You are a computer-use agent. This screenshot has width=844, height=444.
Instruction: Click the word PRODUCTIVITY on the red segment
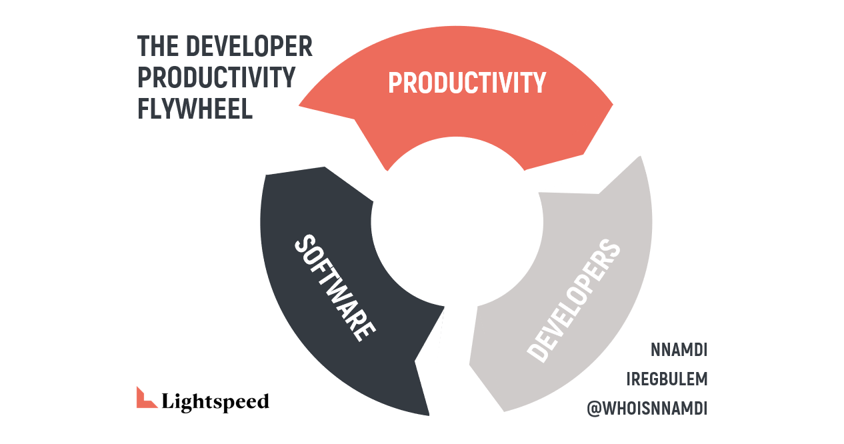(467, 83)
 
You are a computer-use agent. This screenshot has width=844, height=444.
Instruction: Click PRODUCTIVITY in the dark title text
(216, 77)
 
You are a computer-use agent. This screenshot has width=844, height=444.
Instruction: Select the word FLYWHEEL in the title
(195, 109)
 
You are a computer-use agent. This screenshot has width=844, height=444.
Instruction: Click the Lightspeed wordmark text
(215, 401)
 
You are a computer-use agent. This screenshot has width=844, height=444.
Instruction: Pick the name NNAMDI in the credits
(679, 349)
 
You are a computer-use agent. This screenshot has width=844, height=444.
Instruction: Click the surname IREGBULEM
(667, 379)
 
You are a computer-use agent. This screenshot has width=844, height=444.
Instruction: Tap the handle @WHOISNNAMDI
(647, 409)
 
